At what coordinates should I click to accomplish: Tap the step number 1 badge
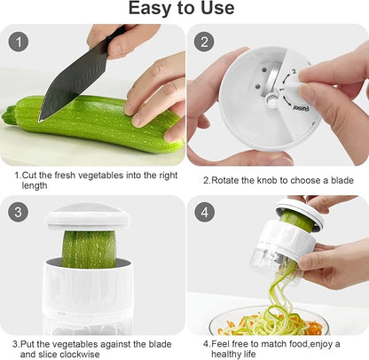[x=19, y=42]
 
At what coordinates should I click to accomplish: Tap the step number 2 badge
[x=205, y=42]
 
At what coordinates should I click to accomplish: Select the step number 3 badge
[x=19, y=213]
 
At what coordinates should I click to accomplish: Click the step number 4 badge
[x=205, y=213]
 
